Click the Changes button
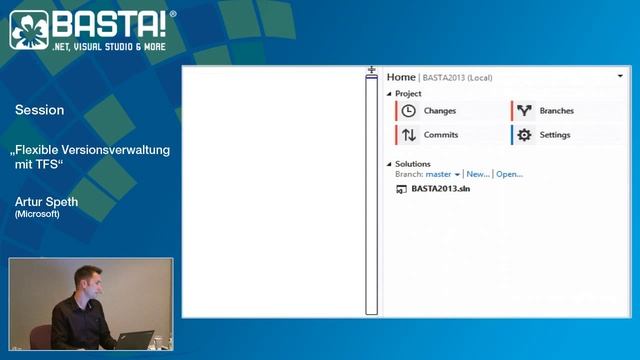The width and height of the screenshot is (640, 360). click(x=440, y=111)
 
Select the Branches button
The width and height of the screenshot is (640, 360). click(x=556, y=111)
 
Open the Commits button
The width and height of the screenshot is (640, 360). click(x=440, y=135)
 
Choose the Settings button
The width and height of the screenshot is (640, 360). click(x=554, y=135)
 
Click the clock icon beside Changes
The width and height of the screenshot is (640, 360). click(x=408, y=111)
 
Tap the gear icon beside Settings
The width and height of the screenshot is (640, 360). click(x=524, y=135)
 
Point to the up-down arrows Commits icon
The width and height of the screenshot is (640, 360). click(x=408, y=135)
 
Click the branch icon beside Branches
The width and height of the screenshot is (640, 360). click(x=524, y=111)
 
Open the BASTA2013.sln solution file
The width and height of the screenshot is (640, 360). click(x=440, y=188)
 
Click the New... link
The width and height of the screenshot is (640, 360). click(x=478, y=174)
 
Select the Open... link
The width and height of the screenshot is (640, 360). click(x=509, y=174)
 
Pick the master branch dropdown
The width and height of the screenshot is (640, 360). click(x=443, y=174)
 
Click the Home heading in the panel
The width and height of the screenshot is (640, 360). click(x=401, y=77)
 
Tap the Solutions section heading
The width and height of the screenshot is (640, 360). click(x=412, y=164)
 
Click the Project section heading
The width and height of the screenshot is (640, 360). click(x=408, y=94)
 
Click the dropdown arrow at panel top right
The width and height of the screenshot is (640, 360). click(x=621, y=76)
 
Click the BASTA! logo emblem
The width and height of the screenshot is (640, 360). click(x=29, y=31)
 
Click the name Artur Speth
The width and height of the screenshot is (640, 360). click(x=46, y=202)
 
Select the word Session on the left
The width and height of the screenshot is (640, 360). click(x=39, y=110)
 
